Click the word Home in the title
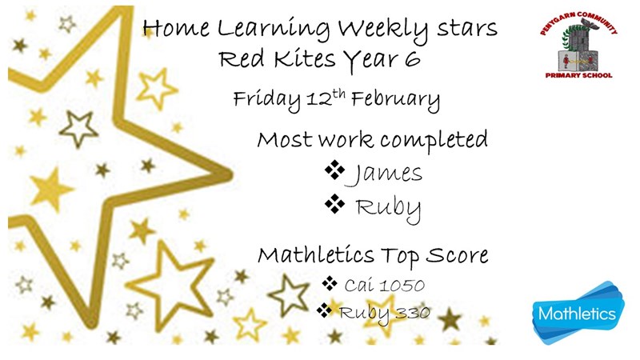pos(176,28)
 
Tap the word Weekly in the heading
pos(383,29)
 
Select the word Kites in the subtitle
pos(305,58)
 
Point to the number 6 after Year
pos(413,59)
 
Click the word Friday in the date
pos(266,100)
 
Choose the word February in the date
pos(395,100)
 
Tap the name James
pos(384,174)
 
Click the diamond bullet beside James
pos(334,170)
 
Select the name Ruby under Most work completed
pos(388,208)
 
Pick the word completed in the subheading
pos(434,141)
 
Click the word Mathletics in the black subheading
pos(315,255)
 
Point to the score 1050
pos(402,285)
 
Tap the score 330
pos(412,313)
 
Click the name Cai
pos(359,285)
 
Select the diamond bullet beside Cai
pos(330,283)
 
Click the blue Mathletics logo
pos(578,313)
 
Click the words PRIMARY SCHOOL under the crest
pos(578,75)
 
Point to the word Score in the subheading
pos(457,255)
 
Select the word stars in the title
pos(467,29)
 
